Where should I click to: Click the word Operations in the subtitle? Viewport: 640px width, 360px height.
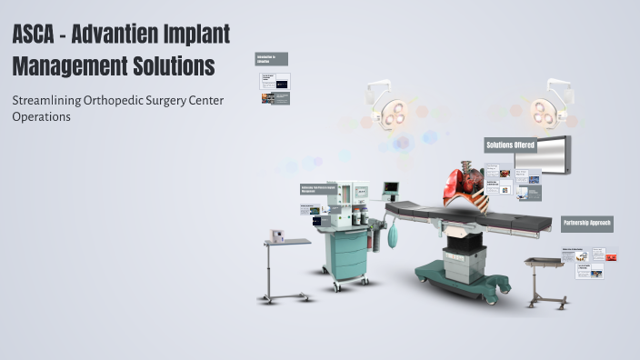pyautogui.click(x=41, y=116)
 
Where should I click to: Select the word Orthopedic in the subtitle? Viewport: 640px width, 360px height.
pyautogui.click(x=116, y=100)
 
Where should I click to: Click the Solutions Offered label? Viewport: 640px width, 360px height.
pyautogui.click(x=510, y=145)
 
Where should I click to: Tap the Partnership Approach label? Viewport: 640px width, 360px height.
pyautogui.click(x=586, y=223)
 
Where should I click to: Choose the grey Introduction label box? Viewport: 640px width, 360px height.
pyautogui.click(x=272, y=59)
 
